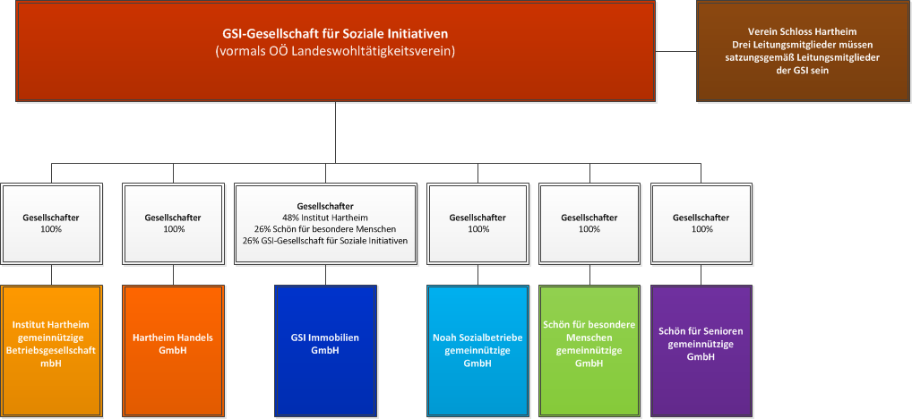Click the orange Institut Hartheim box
pos(51,351)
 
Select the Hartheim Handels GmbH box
pos(173,351)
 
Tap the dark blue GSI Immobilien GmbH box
pos(326,351)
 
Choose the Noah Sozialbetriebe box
pos(478,351)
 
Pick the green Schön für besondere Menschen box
pos(589,351)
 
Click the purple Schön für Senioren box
pos(701,351)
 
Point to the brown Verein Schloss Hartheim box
pos(803,51)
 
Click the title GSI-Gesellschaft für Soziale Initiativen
pos(335,34)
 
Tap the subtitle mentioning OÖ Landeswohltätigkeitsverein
pos(335,51)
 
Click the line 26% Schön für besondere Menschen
pos(326,229)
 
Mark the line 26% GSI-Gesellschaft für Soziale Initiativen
pos(326,240)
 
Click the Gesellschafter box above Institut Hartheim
pos(51,224)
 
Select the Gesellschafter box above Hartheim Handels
pos(173,224)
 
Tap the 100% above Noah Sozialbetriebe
pos(478,229)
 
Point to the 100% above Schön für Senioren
pos(701,229)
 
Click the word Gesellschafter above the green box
pos(589,218)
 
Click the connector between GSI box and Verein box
pos(675,51)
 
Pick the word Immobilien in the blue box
pos(337,338)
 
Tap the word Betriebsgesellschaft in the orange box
pos(51,351)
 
